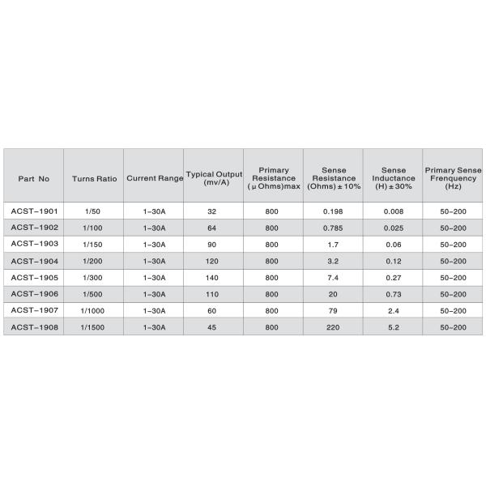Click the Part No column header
(x=33, y=177)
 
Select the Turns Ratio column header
(x=94, y=177)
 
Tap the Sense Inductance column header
(x=393, y=177)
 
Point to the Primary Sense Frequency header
(x=453, y=177)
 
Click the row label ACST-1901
(x=33, y=211)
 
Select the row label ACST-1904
(x=33, y=261)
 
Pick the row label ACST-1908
(x=33, y=326)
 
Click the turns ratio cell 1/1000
(x=92, y=310)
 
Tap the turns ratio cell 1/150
(x=92, y=245)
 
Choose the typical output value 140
(x=212, y=277)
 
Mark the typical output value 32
(x=212, y=211)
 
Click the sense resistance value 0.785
(x=333, y=228)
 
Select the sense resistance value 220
(x=333, y=326)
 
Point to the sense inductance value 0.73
(x=393, y=294)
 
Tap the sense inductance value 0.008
(x=393, y=211)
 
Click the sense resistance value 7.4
(x=333, y=277)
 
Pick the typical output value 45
(x=212, y=326)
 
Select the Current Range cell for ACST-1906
(x=154, y=294)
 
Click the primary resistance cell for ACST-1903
(x=271, y=245)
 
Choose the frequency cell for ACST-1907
(x=453, y=310)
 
